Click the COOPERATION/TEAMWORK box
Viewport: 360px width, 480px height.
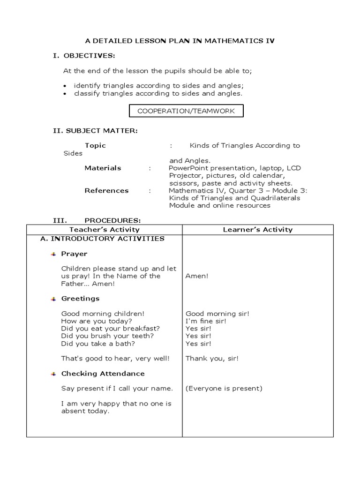click(186, 111)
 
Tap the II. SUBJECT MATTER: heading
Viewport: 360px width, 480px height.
click(95, 130)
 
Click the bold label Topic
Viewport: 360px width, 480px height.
click(95, 145)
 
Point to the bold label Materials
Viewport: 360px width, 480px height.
click(103, 168)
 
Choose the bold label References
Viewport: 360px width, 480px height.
click(106, 190)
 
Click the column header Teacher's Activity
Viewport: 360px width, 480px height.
click(105, 229)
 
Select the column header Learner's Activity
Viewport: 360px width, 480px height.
click(258, 229)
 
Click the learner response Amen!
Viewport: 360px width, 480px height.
click(197, 276)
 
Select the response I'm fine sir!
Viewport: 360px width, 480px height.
click(206, 321)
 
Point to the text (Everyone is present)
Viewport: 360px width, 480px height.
click(224, 389)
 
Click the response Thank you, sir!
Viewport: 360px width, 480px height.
click(212, 359)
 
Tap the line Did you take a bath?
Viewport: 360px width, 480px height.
click(98, 344)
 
